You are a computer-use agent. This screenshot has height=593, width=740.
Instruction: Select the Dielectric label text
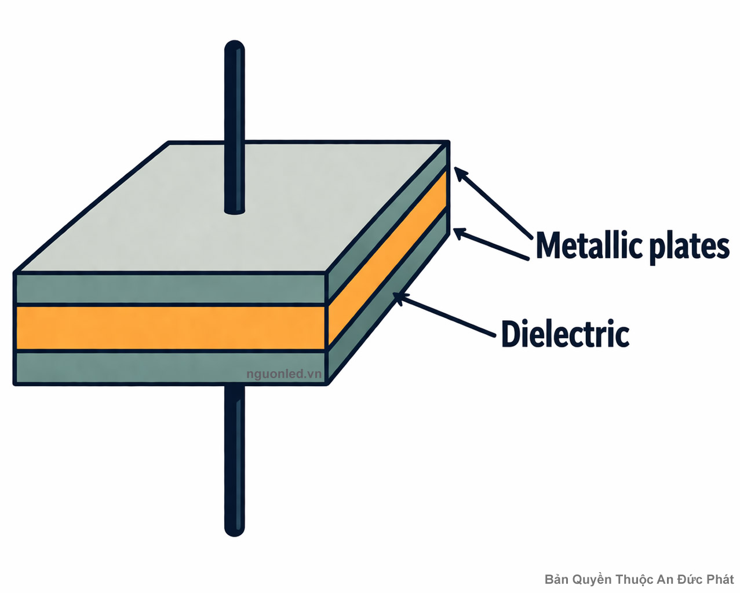(565, 334)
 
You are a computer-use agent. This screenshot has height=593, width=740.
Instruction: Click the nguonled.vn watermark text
(283, 374)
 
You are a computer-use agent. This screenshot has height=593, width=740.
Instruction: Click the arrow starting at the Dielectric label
(446, 314)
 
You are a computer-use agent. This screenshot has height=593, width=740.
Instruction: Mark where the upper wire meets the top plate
(235, 210)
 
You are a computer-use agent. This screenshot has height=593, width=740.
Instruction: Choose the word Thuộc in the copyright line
(634, 579)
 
